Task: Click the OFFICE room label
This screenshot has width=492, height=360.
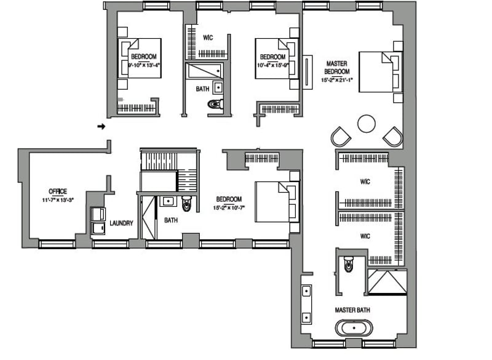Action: click(58, 191)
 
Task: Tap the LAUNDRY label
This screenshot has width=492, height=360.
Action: click(121, 223)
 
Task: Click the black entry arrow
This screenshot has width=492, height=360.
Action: click(101, 127)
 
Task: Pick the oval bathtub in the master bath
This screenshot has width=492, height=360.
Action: click(353, 327)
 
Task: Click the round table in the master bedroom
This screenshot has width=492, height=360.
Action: click(367, 124)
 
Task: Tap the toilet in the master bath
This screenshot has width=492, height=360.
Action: click(349, 265)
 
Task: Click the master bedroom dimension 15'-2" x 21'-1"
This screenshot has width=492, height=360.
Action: click(337, 80)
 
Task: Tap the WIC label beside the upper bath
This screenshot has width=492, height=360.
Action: click(208, 38)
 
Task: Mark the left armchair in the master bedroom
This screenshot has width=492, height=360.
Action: click(340, 136)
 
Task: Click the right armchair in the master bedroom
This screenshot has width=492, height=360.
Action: click(392, 136)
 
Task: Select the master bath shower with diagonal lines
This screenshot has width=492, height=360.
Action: click(386, 282)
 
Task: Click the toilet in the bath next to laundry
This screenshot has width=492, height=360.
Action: click(186, 202)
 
